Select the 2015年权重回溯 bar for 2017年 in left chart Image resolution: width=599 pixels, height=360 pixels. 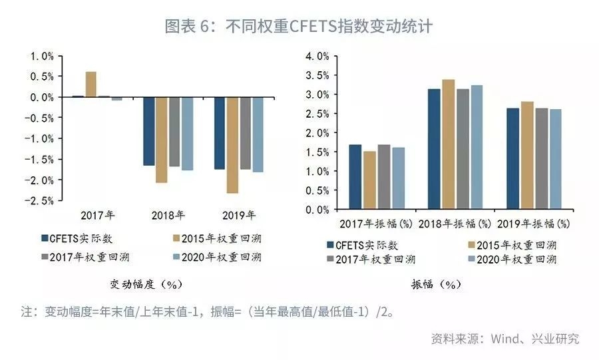[91, 84]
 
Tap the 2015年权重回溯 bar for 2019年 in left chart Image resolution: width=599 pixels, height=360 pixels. [232, 145]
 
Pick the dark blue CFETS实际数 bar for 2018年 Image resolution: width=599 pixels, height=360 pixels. [148, 131]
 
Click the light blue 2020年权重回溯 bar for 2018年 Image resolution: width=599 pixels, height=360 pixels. [187, 134]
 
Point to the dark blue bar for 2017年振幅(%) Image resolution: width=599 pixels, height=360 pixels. [355, 176]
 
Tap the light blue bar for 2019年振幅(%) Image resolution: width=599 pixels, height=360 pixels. [555, 159]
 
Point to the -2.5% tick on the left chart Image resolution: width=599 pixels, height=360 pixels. [39, 200]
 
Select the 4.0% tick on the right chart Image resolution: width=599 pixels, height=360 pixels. [317, 57]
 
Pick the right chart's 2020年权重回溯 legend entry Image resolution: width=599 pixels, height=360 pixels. [516, 260]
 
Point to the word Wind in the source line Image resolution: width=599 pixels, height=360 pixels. [506, 339]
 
